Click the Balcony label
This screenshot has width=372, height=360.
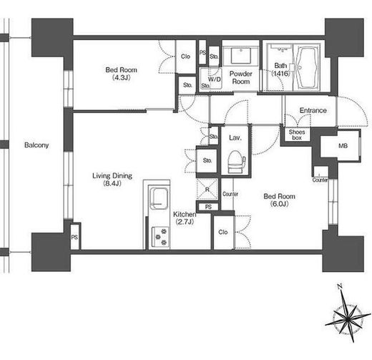(x=36, y=145)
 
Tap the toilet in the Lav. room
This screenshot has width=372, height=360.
(x=237, y=161)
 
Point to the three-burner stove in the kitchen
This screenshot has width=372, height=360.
(x=161, y=237)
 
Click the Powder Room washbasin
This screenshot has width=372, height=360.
(x=241, y=55)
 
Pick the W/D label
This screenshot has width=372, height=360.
(x=215, y=79)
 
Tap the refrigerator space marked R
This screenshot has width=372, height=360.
(x=207, y=190)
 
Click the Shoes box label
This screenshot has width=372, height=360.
(x=297, y=135)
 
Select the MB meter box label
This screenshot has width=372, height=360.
(x=343, y=145)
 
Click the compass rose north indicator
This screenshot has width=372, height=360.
(x=340, y=286)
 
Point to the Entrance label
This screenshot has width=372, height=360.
(x=313, y=110)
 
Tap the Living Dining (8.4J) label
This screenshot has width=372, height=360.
(x=112, y=180)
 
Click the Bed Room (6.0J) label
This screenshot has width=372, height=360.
(x=280, y=200)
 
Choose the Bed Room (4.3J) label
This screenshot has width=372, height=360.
(x=122, y=74)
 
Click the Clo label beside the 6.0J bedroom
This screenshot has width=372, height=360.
(x=223, y=232)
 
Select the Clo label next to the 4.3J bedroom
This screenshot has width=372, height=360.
(x=185, y=57)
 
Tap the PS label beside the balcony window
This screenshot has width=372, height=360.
(x=74, y=238)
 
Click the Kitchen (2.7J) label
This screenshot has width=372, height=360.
(x=185, y=218)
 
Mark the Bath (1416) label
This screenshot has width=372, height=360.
(x=280, y=69)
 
